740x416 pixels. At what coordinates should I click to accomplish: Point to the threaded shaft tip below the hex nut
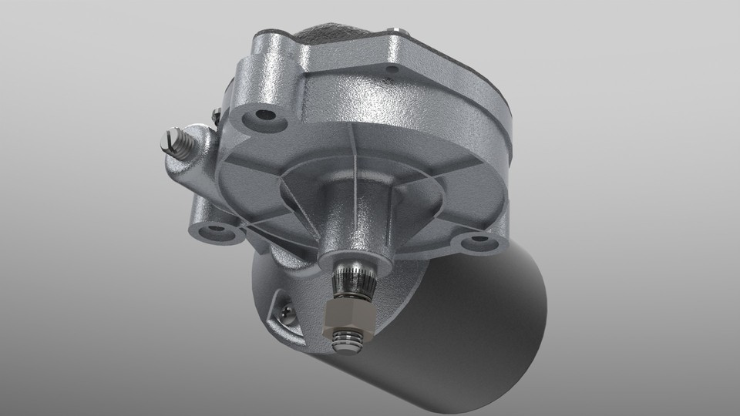(349, 341)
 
